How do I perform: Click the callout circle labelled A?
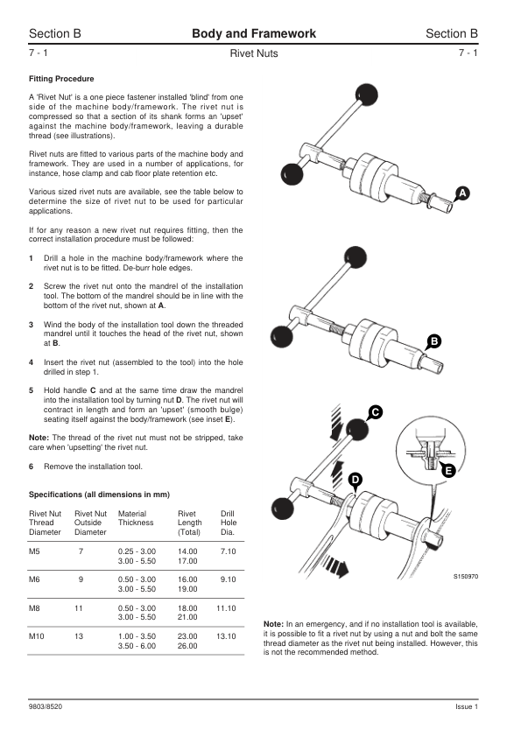pyautogui.click(x=462, y=193)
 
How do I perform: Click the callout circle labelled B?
pyautogui.click(x=434, y=341)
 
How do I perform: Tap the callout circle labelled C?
pyautogui.click(x=375, y=412)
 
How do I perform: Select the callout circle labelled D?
pyautogui.click(x=356, y=480)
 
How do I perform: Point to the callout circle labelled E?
pyautogui.click(x=448, y=470)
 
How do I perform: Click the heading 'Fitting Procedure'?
pyautogui.click(x=61, y=79)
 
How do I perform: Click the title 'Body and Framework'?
pyautogui.click(x=254, y=33)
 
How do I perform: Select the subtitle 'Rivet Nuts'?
pyautogui.click(x=254, y=53)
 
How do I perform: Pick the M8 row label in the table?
pyautogui.click(x=34, y=607)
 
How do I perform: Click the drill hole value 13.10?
pyautogui.click(x=226, y=636)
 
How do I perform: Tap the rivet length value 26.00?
pyautogui.click(x=187, y=646)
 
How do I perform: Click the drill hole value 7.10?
pyautogui.click(x=228, y=551)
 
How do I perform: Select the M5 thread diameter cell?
pyautogui.click(x=34, y=551)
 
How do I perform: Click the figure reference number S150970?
pyautogui.click(x=466, y=576)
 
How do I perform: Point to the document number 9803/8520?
pyautogui.click(x=46, y=706)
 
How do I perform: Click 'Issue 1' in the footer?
pyautogui.click(x=467, y=706)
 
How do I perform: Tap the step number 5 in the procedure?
pyautogui.click(x=31, y=390)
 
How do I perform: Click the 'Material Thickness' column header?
pyautogui.click(x=136, y=518)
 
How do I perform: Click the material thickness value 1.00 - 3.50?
pyautogui.click(x=137, y=636)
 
